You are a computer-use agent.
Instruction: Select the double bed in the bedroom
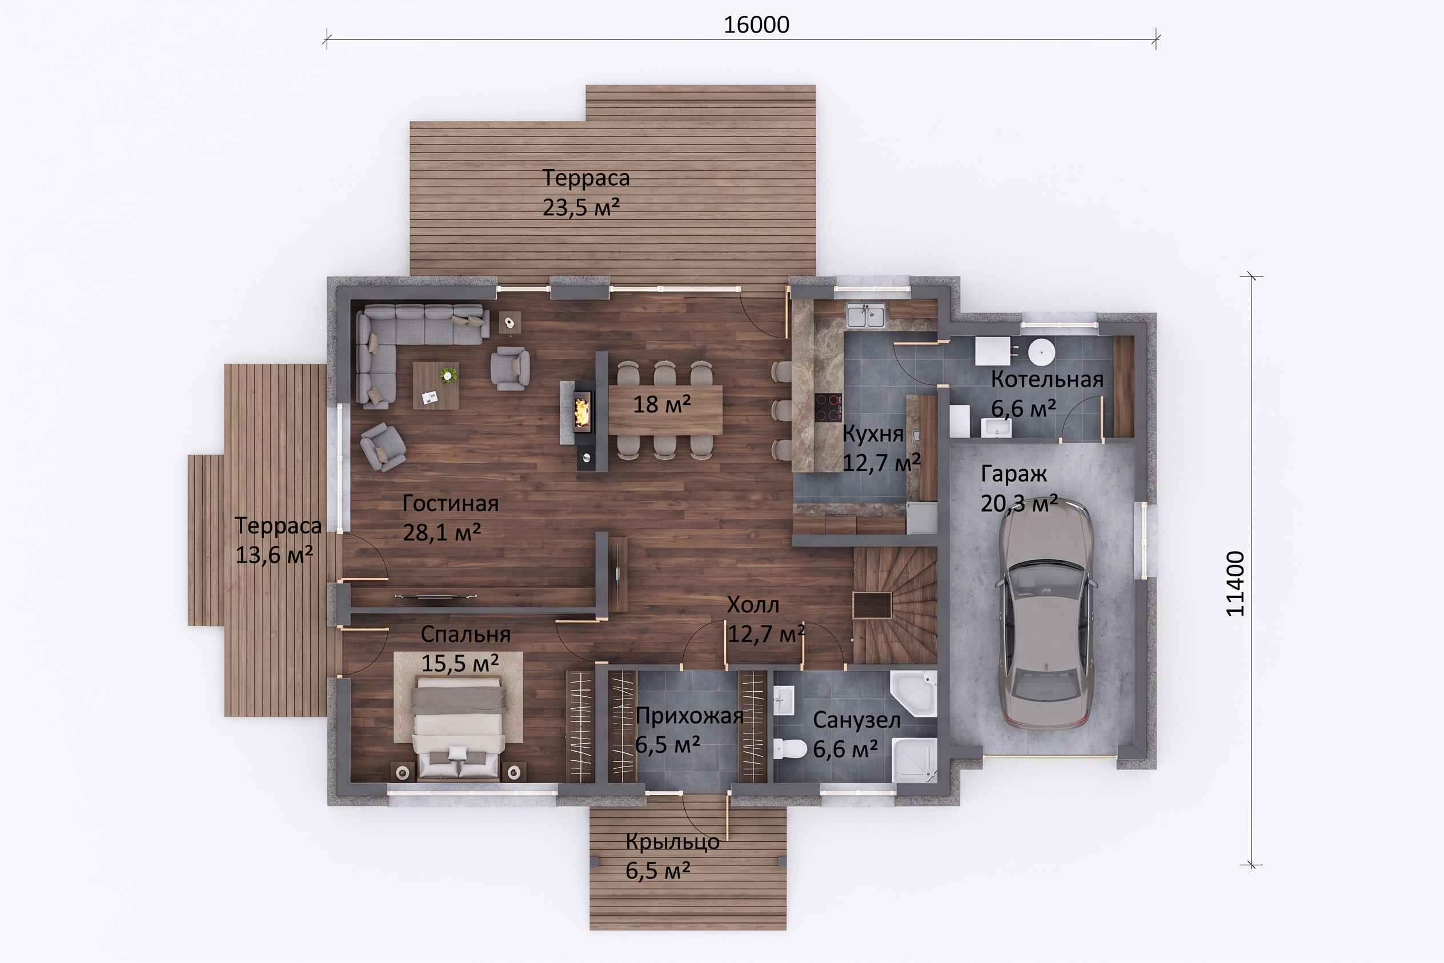459,727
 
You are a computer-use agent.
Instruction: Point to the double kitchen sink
866,316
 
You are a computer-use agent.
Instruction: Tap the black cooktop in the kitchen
828,407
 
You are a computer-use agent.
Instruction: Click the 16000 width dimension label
756,25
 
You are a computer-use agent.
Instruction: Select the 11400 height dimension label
1234,583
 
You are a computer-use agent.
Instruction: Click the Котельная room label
1046,380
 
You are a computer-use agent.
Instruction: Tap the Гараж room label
1013,474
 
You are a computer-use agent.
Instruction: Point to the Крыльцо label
672,841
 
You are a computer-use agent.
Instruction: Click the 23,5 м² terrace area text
581,207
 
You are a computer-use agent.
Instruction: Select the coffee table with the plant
435,385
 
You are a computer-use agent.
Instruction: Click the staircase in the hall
895,605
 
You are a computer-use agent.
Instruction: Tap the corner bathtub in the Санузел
913,693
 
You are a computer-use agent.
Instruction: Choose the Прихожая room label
689,716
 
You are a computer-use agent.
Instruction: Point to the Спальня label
466,634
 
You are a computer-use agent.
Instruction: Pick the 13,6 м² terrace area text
274,555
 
